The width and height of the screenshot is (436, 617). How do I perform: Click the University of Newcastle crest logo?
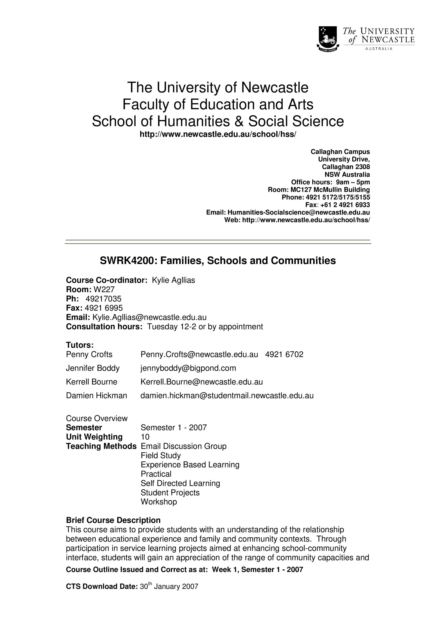coord(327,39)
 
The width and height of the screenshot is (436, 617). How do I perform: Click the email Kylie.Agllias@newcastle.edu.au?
coord(149,317)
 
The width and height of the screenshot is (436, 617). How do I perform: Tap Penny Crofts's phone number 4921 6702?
coord(284,355)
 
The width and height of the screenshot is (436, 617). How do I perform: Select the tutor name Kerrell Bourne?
coord(92,382)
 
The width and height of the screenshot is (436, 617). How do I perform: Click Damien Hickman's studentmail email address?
coord(227,395)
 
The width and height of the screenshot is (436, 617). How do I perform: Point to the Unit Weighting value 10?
coord(145,437)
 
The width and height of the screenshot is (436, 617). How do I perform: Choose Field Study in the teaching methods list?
coord(161,455)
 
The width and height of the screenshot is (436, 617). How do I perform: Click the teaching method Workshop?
coord(159,502)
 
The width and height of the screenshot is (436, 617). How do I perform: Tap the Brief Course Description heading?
coord(113,520)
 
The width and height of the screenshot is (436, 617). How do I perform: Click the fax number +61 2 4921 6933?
coord(345,205)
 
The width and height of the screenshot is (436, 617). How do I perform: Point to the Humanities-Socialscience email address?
coord(298,212)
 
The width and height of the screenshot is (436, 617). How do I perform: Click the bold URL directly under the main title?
coord(218,134)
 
